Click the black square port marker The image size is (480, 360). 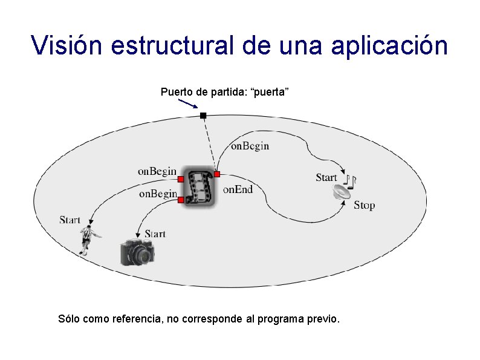203,115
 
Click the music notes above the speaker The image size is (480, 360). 350,179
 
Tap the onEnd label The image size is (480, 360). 238,189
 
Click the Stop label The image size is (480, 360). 364,205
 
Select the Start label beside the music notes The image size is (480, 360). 326,177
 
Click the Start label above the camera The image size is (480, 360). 155,234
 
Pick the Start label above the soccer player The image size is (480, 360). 70,220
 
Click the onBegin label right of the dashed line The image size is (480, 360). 250,146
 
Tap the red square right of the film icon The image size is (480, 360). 217,174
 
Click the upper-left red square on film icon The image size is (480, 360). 181,179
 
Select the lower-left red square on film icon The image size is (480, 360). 181,199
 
